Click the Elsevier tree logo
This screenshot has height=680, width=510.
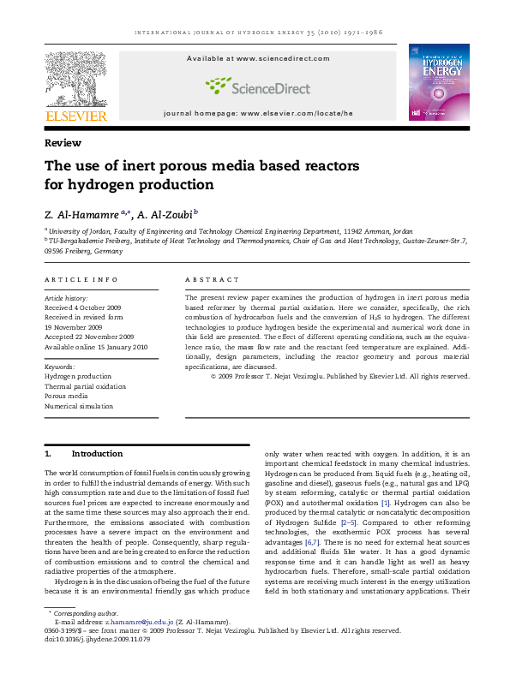[75, 78]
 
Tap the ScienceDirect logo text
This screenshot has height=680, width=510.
[257, 86]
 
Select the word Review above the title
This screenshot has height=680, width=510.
[63, 143]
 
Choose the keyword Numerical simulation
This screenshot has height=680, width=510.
[81, 407]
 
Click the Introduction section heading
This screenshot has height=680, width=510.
[97, 453]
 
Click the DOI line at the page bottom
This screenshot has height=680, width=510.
[97, 639]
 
